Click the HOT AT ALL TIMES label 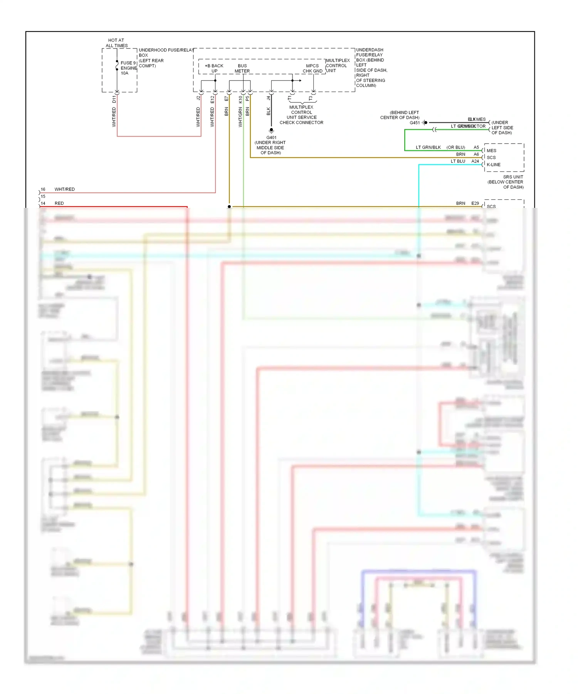pyautogui.click(x=116, y=43)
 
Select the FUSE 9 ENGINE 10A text pyautogui.click(x=128, y=68)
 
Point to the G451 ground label pyautogui.click(x=415, y=123)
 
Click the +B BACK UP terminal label pyautogui.click(x=214, y=69)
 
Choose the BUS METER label pyautogui.click(x=242, y=69)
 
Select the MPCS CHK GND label pyautogui.click(x=312, y=69)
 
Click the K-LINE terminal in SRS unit pyautogui.click(x=493, y=165)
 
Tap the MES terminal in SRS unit pyautogui.click(x=491, y=151)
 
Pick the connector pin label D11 pyautogui.click(x=114, y=99)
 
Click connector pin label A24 pyautogui.click(x=475, y=161)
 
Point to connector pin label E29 pyautogui.click(x=475, y=203)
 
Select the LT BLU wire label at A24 pyautogui.click(x=458, y=161)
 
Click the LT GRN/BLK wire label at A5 pyautogui.click(x=428, y=147)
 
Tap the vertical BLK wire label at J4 pyautogui.click(x=269, y=111)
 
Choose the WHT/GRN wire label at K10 pyautogui.click(x=240, y=117)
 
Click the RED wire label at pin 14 pyautogui.click(x=59, y=203)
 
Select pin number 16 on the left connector pyautogui.click(x=43, y=189)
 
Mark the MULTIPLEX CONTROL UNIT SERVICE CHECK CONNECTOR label pyautogui.click(x=301, y=115)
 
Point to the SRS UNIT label pyautogui.click(x=513, y=177)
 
